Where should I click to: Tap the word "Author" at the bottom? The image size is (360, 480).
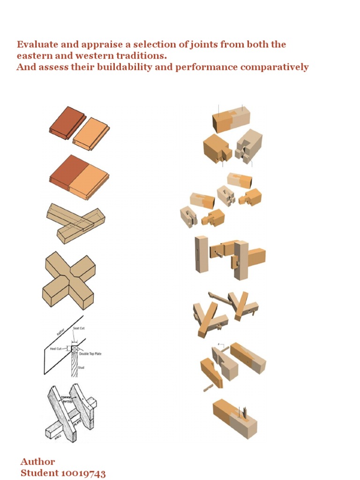point(38,462)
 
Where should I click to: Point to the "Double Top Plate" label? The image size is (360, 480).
point(90,354)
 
